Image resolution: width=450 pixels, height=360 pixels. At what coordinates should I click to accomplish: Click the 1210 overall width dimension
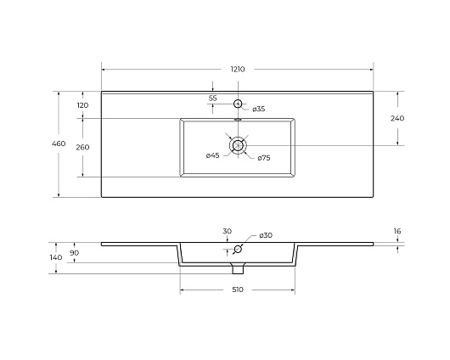point(238,69)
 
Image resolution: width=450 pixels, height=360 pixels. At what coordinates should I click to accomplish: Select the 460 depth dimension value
point(59,143)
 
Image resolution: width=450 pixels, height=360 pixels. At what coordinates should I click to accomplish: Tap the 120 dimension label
point(82,105)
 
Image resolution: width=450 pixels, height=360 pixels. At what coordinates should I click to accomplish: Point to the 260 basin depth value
point(82,147)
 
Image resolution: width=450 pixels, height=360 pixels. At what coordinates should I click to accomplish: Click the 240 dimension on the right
point(397,118)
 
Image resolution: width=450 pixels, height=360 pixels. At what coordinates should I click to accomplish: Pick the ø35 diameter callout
point(259,109)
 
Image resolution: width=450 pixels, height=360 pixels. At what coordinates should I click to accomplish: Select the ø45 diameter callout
point(212,155)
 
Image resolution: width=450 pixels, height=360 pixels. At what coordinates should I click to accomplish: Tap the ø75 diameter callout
point(264,158)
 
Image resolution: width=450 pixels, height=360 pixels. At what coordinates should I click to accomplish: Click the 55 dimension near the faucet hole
point(212,98)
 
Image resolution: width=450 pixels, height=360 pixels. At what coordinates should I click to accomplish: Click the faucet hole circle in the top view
point(238,104)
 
